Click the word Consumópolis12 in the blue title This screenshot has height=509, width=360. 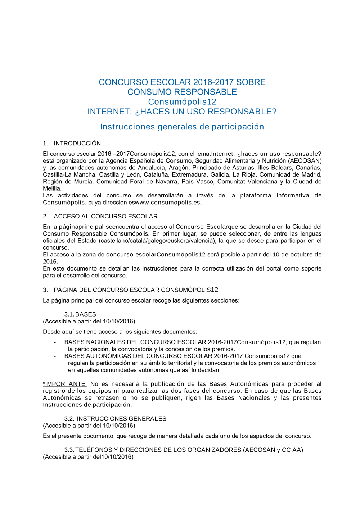click(x=182, y=102)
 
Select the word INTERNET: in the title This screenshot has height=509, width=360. click(x=110, y=112)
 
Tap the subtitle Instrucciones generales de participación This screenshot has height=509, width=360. click(x=182, y=127)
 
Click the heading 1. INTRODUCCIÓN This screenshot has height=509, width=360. click(x=72, y=143)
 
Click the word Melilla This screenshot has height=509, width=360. click(x=52, y=188)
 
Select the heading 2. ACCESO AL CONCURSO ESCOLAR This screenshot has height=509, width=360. click(x=100, y=216)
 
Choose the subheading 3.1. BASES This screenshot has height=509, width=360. click(x=80, y=314)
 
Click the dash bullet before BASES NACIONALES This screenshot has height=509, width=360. click(x=55, y=342)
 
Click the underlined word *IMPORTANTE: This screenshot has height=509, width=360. click(x=65, y=384)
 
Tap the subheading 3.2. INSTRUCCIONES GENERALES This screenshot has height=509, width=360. click(x=115, y=419)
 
